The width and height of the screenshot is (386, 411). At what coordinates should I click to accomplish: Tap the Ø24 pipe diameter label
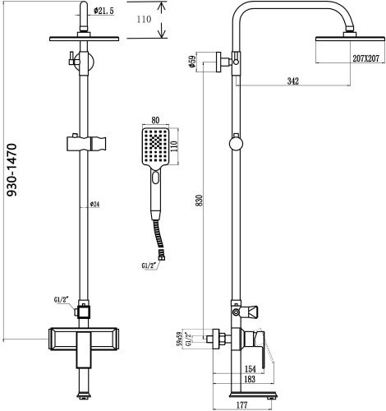point(94,205)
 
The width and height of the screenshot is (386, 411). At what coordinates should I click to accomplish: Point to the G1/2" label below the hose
point(148,264)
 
